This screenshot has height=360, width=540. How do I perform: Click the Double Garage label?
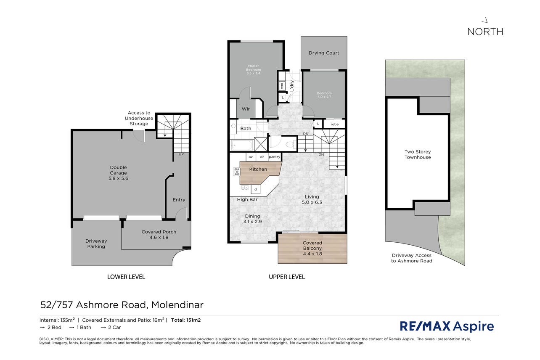(118, 173)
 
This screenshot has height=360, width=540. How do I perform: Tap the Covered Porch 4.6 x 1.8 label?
(159, 234)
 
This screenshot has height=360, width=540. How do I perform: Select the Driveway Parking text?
(96, 244)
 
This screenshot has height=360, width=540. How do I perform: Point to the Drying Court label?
(324, 53)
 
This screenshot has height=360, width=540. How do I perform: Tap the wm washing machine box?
(282, 86)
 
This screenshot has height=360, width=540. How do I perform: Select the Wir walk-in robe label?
(246, 109)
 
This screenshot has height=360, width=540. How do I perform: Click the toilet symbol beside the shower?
(290, 144)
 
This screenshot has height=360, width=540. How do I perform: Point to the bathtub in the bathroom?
(241, 146)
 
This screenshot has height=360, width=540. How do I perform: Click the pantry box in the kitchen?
(274, 157)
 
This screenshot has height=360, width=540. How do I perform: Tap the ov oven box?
(251, 157)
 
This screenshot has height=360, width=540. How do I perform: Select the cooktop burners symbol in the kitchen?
(236, 172)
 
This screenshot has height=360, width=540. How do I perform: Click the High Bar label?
(247, 200)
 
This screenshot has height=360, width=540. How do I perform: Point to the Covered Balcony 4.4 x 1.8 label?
(312, 248)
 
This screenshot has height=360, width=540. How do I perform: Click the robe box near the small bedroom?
(334, 124)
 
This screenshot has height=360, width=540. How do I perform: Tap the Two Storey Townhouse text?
(418, 154)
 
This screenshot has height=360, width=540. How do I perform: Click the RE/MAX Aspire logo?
(447, 326)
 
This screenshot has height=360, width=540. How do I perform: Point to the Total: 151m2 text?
(186, 320)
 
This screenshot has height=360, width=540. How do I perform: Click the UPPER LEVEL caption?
(287, 277)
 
